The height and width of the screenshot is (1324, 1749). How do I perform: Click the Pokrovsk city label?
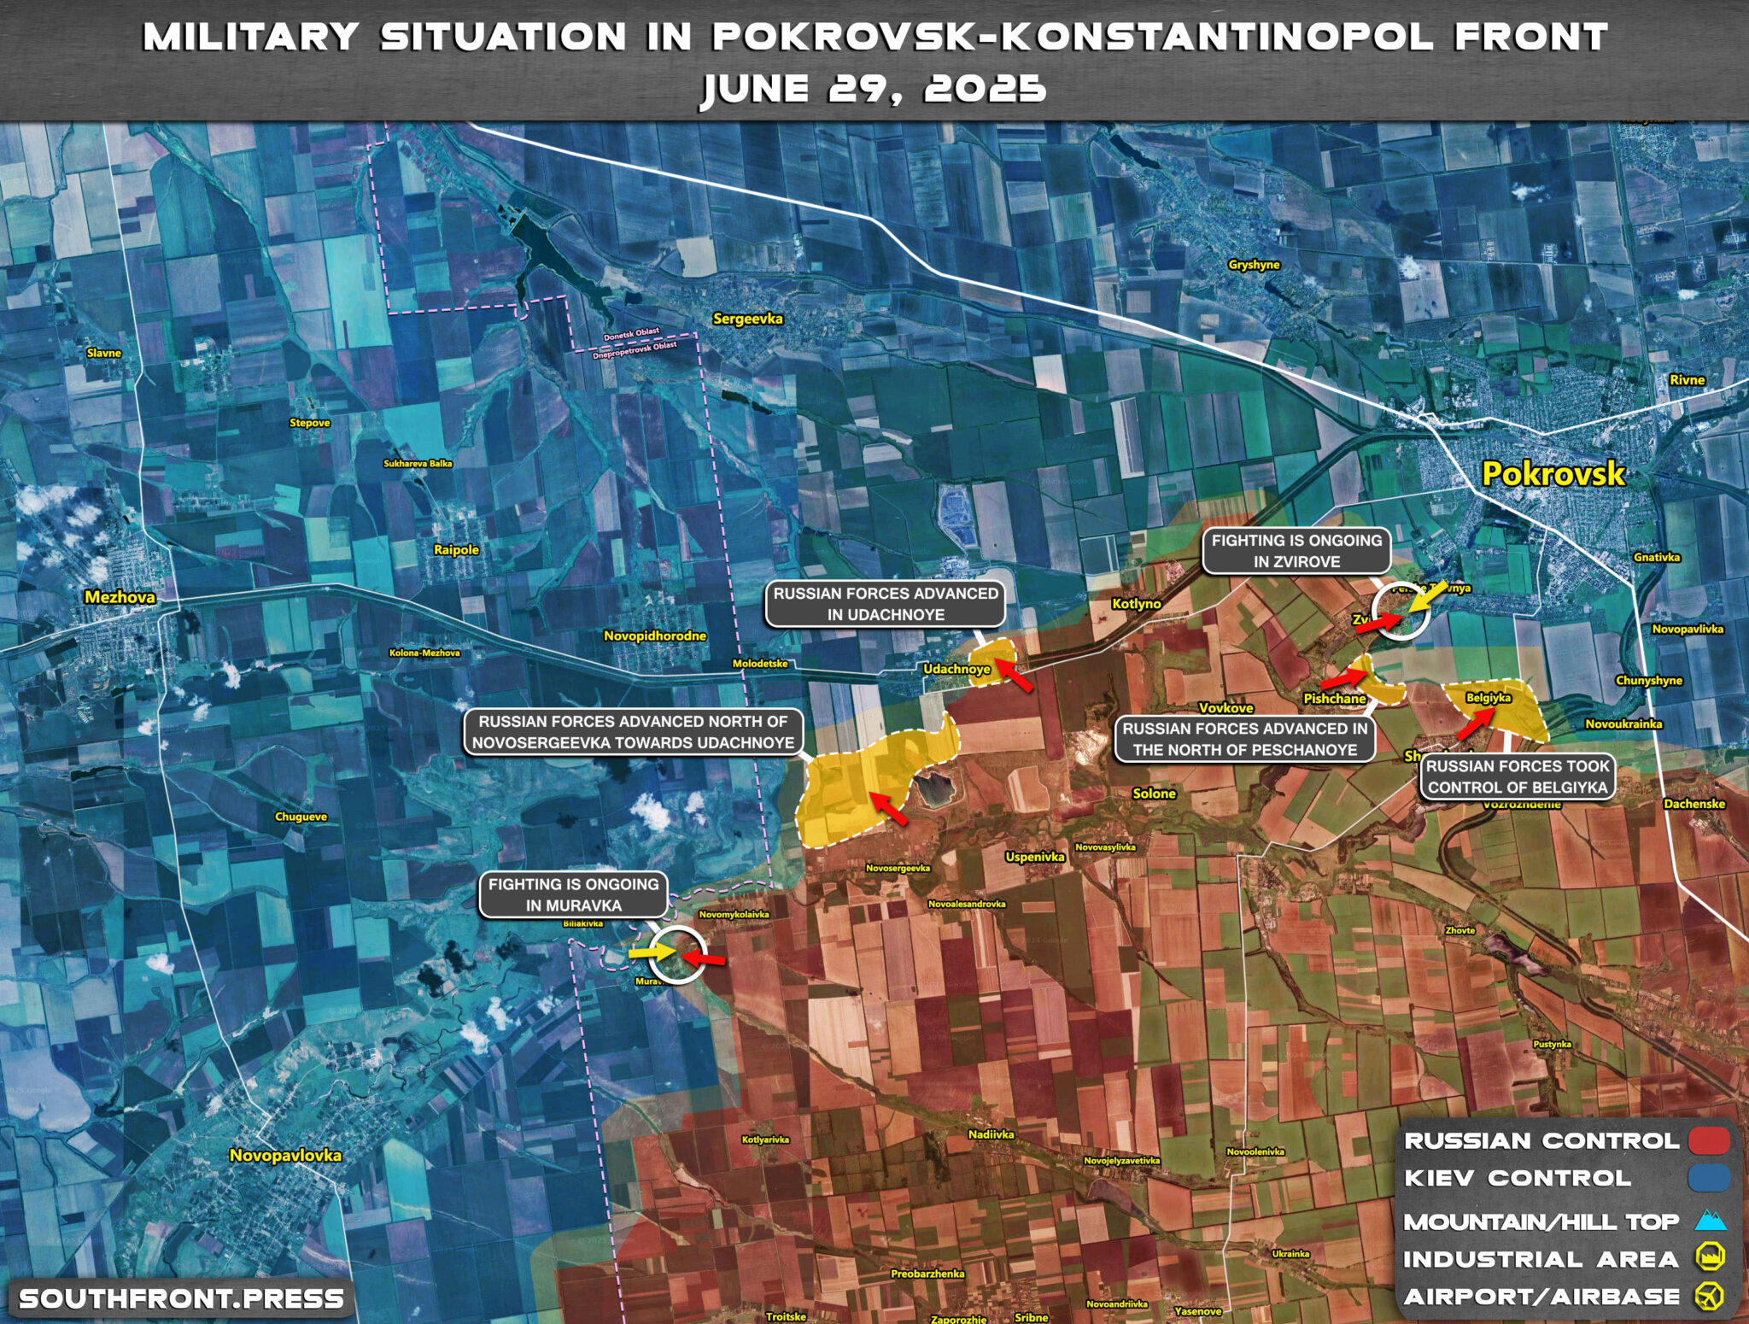[x=1553, y=474]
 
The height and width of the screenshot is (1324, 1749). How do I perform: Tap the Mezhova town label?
[x=120, y=597]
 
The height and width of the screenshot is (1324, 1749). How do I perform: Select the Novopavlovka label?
[x=285, y=1155]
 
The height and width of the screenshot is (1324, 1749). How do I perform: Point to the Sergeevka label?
[x=747, y=319]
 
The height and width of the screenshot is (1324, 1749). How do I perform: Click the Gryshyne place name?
[x=1254, y=265]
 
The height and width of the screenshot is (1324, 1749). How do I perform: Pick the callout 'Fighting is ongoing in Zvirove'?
[x=1296, y=551]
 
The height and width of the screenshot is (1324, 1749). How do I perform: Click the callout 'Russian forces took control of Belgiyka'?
[x=1518, y=776]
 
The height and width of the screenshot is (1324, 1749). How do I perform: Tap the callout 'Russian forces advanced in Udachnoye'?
[x=886, y=604]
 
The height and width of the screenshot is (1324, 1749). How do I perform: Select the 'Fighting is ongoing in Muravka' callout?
[x=573, y=894]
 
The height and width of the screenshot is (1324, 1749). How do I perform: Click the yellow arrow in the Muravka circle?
[x=652, y=951]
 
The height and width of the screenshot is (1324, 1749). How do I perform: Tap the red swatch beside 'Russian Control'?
[x=1709, y=1140]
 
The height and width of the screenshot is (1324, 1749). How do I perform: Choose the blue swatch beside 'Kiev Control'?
[x=1709, y=1178]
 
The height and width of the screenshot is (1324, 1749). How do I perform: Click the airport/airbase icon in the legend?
[x=1710, y=1296]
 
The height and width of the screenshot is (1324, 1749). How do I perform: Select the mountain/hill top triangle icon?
[x=1710, y=1220]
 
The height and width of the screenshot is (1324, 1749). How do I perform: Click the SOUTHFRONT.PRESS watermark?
[x=181, y=1299]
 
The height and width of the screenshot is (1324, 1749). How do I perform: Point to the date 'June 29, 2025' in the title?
[x=873, y=89]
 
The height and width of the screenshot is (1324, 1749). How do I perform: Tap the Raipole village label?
[x=456, y=549]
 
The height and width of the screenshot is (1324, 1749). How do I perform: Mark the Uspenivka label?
[x=1035, y=856]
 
